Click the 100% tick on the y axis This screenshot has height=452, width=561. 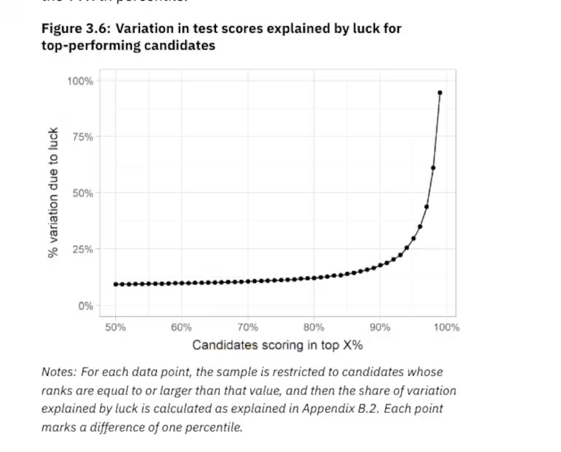click(x=80, y=81)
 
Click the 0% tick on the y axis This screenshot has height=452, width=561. click(x=85, y=306)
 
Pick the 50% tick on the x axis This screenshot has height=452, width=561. click(x=115, y=327)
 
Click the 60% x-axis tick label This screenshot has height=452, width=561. click(x=182, y=327)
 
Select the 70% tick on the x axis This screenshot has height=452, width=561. click(x=247, y=327)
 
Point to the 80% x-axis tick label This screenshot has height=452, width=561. click(x=314, y=327)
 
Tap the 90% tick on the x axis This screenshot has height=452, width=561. click(x=380, y=327)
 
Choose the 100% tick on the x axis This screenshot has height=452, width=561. click(x=446, y=327)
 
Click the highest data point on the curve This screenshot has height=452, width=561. click(x=440, y=93)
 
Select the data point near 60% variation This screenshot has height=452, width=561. click(x=433, y=168)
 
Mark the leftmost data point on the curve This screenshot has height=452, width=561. click(x=115, y=284)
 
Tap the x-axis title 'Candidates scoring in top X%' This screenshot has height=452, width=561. click(x=278, y=345)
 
